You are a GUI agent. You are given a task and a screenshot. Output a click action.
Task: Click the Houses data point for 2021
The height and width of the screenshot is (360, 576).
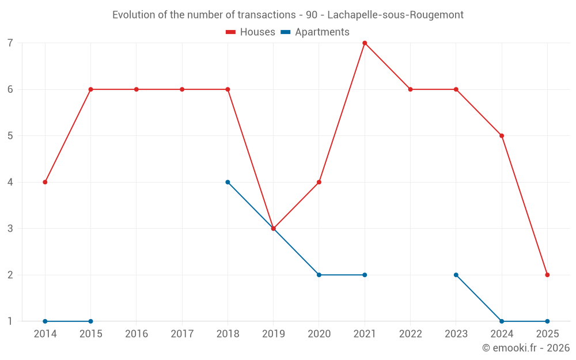pyautogui.click(x=365, y=43)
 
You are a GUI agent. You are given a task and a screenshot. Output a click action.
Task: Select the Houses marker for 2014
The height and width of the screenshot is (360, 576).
pyautogui.click(x=45, y=182)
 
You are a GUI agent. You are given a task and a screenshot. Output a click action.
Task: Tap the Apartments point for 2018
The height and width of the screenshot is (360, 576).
pyautogui.click(x=228, y=182)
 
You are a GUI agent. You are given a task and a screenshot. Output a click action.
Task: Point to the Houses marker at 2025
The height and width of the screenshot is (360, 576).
pyautogui.click(x=547, y=275)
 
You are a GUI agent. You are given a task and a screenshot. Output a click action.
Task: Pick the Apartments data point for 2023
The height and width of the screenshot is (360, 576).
pyautogui.click(x=456, y=275)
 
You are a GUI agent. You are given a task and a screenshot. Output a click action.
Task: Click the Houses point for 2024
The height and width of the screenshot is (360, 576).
pyautogui.click(x=502, y=136)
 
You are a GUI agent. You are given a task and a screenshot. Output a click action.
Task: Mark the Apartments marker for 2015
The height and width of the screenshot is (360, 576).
pyautogui.click(x=90, y=321)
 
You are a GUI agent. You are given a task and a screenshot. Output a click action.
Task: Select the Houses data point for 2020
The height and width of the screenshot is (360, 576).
pyautogui.click(x=319, y=182)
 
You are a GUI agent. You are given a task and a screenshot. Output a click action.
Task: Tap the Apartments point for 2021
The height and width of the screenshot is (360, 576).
pyautogui.click(x=365, y=275)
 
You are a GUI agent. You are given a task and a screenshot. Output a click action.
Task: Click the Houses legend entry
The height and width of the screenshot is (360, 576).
pyautogui.click(x=251, y=32)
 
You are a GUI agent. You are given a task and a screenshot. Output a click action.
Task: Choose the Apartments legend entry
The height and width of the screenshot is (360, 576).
pyautogui.click(x=315, y=32)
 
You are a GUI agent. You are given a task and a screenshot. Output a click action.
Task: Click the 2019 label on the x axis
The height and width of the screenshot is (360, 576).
pyautogui.click(x=273, y=334)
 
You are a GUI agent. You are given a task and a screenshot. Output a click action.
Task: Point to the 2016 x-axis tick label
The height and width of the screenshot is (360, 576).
pyautogui.click(x=136, y=334)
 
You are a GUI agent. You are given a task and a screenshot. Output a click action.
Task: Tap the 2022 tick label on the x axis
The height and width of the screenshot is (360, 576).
pyautogui.click(x=410, y=334)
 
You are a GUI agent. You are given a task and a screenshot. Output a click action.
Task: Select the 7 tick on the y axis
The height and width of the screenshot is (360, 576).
pyautogui.click(x=10, y=43)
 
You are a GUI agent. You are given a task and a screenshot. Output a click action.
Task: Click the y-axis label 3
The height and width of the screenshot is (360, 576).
pyautogui.click(x=10, y=229)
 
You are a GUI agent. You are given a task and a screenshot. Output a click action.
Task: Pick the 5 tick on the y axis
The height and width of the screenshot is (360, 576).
pyautogui.click(x=10, y=136)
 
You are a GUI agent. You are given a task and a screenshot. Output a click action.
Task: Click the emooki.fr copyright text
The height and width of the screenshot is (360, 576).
pyautogui.click(x=526, y=348)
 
